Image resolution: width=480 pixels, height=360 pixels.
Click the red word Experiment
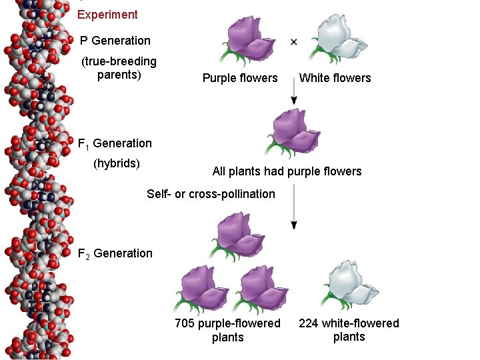pyautogui.click(x=107, y=15)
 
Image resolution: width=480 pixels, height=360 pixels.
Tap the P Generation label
pyautogui.click(x=115, y=41)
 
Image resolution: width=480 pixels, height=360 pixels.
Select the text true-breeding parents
pyautogui.click(x=119, y=68)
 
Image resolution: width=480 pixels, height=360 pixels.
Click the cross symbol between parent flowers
pyautogui.click(x=294, y=41)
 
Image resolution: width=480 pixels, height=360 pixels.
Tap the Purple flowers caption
pyautogui.click(x=240, y=78)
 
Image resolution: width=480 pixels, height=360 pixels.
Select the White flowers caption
pyautogui.click(x=335, y=78)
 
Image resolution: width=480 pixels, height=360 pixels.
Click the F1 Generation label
pyautogui.click(x=115, y=143)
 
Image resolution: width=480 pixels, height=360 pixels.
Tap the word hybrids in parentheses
pyautogui.click(x=117, y=163)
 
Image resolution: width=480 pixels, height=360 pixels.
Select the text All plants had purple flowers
pyautogui.click(x=287, y=171)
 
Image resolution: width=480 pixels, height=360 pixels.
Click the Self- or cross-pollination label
pyautogui.click(x=211, y=194)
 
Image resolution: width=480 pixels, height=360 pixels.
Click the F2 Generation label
pyautogui.click(x=115, y=253)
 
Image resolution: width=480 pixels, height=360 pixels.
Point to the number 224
pyautogui.click(x=309, y=323)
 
